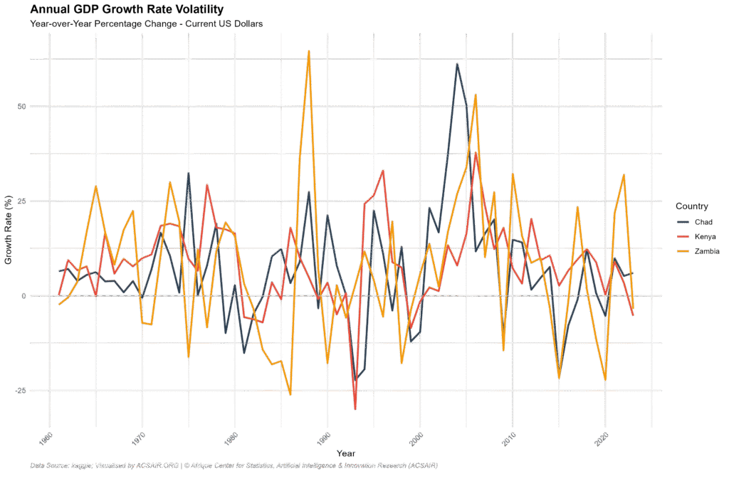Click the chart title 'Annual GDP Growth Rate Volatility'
127,9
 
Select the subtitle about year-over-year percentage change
147,24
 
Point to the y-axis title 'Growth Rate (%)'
9,228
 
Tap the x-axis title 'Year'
347,453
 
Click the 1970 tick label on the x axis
140,435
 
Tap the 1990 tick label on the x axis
325,435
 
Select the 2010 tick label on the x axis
510,435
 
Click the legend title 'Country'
691,207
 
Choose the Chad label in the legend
703,223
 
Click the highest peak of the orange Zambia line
308,51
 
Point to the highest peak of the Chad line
457,64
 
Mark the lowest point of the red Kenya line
355,409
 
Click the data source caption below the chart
234,466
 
